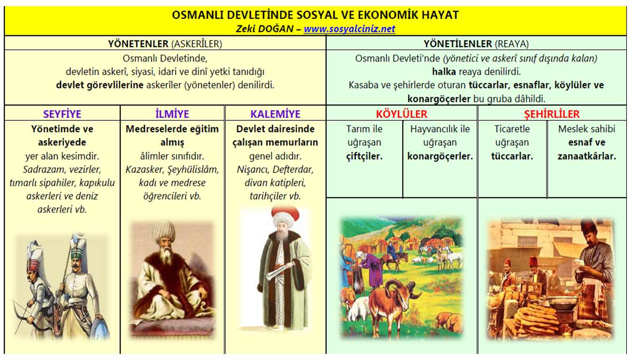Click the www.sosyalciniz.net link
click(x=349, y=29)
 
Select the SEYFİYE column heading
click(x=62, y=114)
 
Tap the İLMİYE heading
click(x=172, y=114)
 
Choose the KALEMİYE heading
click(x=275, y=114)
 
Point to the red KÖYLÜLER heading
click(x=401, y=114)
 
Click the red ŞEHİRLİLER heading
click(x=552, y=114)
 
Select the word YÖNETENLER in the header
click(x=138, y=44)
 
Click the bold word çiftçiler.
click(x=364, y=157)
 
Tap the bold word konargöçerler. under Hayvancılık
click(x=440, y=157)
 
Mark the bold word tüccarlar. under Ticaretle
click(x=512, y=157)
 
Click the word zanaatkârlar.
click(x=586, y=157)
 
